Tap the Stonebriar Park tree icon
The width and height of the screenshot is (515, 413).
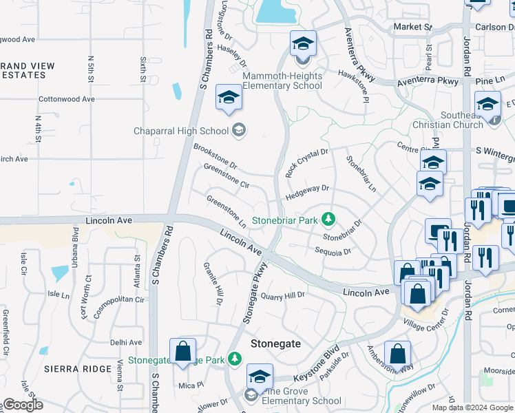click(329, 220)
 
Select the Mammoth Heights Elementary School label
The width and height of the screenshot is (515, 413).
click(282, 81)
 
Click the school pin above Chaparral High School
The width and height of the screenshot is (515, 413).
click(229, 98)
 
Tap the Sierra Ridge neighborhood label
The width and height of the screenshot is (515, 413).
click(78, 369)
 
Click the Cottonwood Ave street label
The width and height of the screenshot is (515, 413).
click(67, 99)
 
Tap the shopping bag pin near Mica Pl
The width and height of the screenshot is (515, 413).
click(183, 352)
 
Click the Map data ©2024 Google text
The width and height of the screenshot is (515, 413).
click(472, 407)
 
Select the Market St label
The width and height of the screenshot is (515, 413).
click(412, 27)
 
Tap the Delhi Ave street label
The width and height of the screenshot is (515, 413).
click(126, 342)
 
